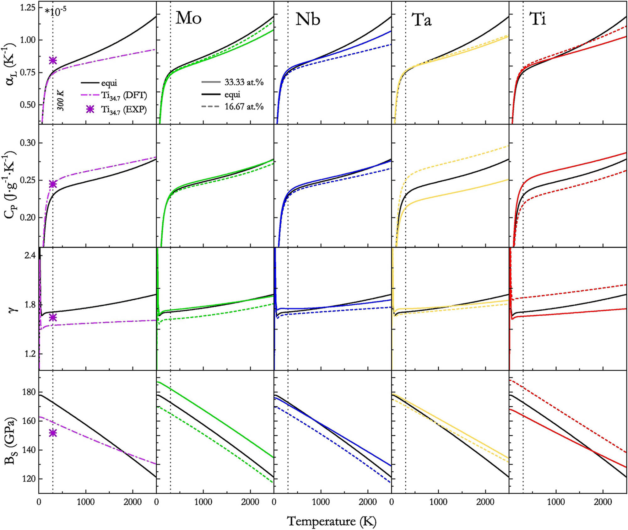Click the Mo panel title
[188, 18]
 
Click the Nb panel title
[308, 19]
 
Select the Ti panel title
[538, 19]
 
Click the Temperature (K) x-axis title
[332, 521]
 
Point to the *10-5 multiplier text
[56, 12]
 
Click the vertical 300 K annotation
[61, 100]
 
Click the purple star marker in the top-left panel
[53, 60]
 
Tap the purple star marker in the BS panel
[53, 433]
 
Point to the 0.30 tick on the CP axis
[28, 143]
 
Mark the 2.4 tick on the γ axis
[30, 255]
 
